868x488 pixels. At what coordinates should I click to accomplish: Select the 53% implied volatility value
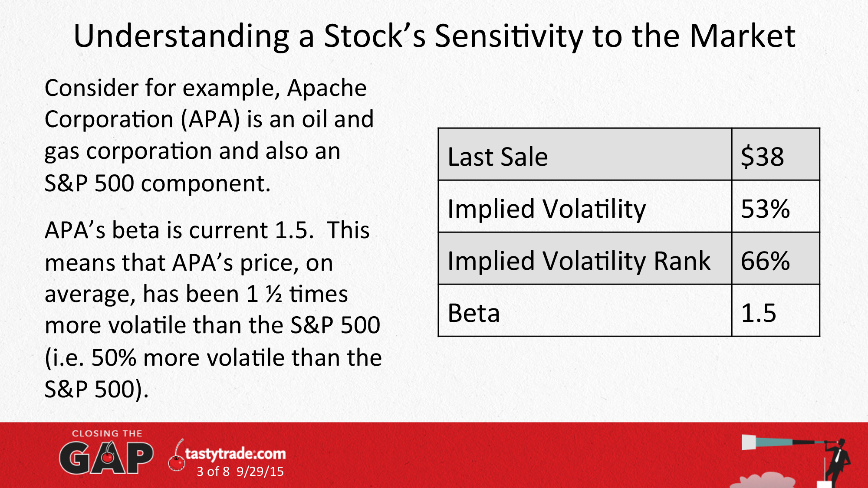pos(765,209)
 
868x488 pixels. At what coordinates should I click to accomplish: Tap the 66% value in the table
pos(765,261)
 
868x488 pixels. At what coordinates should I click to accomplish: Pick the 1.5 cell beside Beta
pos(758,313)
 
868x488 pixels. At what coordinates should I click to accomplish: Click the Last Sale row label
pos(497,156)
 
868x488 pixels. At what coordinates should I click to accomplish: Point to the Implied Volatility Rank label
pos(579,261)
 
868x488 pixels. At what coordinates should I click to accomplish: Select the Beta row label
pos(473,313)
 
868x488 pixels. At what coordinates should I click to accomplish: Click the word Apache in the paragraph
pos(327,88)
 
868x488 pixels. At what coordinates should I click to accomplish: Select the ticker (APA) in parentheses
pos(210,119)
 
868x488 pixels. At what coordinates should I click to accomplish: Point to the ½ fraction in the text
pos(274,295)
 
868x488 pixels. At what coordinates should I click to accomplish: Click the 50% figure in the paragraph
pos(114,358)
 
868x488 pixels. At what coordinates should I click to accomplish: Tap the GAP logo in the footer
pos(106,458)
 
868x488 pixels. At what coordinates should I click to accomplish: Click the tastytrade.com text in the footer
pos(235,454)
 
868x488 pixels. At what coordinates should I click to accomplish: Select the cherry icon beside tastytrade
pos(177,458)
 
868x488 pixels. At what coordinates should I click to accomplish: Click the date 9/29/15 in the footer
pos(260,472)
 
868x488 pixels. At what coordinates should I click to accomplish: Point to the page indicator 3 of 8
pos(213,472)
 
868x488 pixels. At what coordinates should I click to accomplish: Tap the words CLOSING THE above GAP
pos(107,433)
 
